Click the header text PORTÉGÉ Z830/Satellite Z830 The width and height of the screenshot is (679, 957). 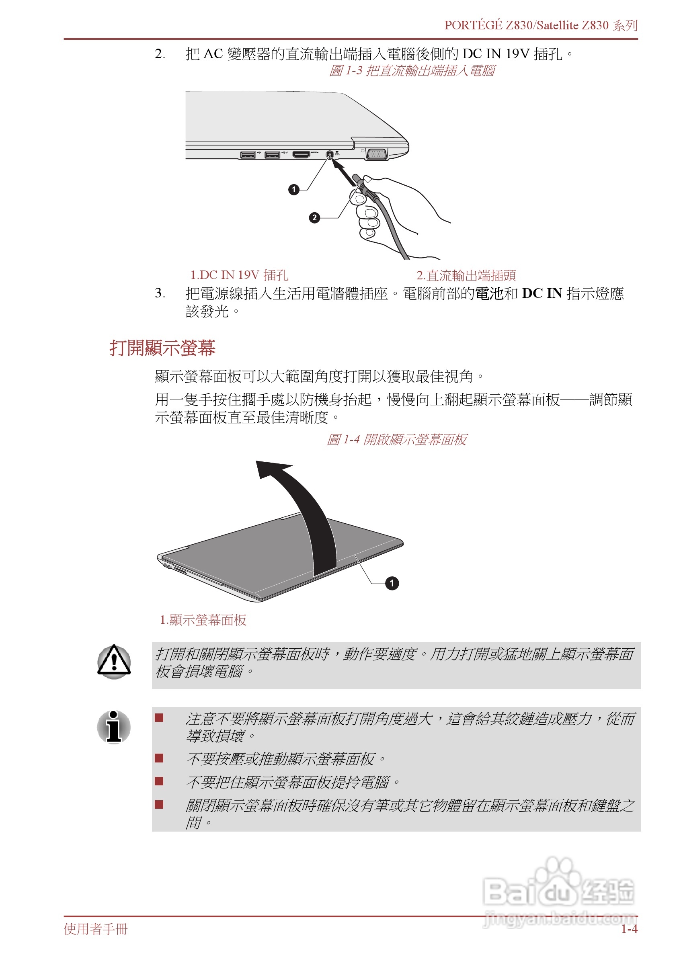(x=526, y=25)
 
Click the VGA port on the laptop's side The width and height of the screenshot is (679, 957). (x=377, y=154)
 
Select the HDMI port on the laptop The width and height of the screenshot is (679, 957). (x=301, y=155)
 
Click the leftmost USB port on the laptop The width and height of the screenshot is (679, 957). (x=248, y=156)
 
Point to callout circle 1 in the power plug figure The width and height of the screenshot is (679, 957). (x=294, y=190)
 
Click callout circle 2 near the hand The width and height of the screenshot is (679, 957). (x=314, y=218)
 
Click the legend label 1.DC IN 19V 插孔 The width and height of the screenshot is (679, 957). (x=239, y=275)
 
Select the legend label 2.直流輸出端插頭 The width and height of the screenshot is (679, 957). (x=466, y=275)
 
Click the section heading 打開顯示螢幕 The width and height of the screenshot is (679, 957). (x=162, y=348)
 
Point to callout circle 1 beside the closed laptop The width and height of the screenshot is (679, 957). (x=392, y=583)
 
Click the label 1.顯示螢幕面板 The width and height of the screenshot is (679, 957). (x=203, y=620)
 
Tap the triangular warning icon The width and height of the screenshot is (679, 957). (x=114, y=661)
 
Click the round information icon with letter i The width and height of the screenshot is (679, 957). (x=114, y=727)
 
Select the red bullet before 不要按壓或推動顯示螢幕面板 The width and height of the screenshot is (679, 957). (x=159, y=758)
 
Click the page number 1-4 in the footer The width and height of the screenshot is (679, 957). (x=629, y=929)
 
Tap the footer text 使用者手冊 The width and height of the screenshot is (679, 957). (x=96, y=929)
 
